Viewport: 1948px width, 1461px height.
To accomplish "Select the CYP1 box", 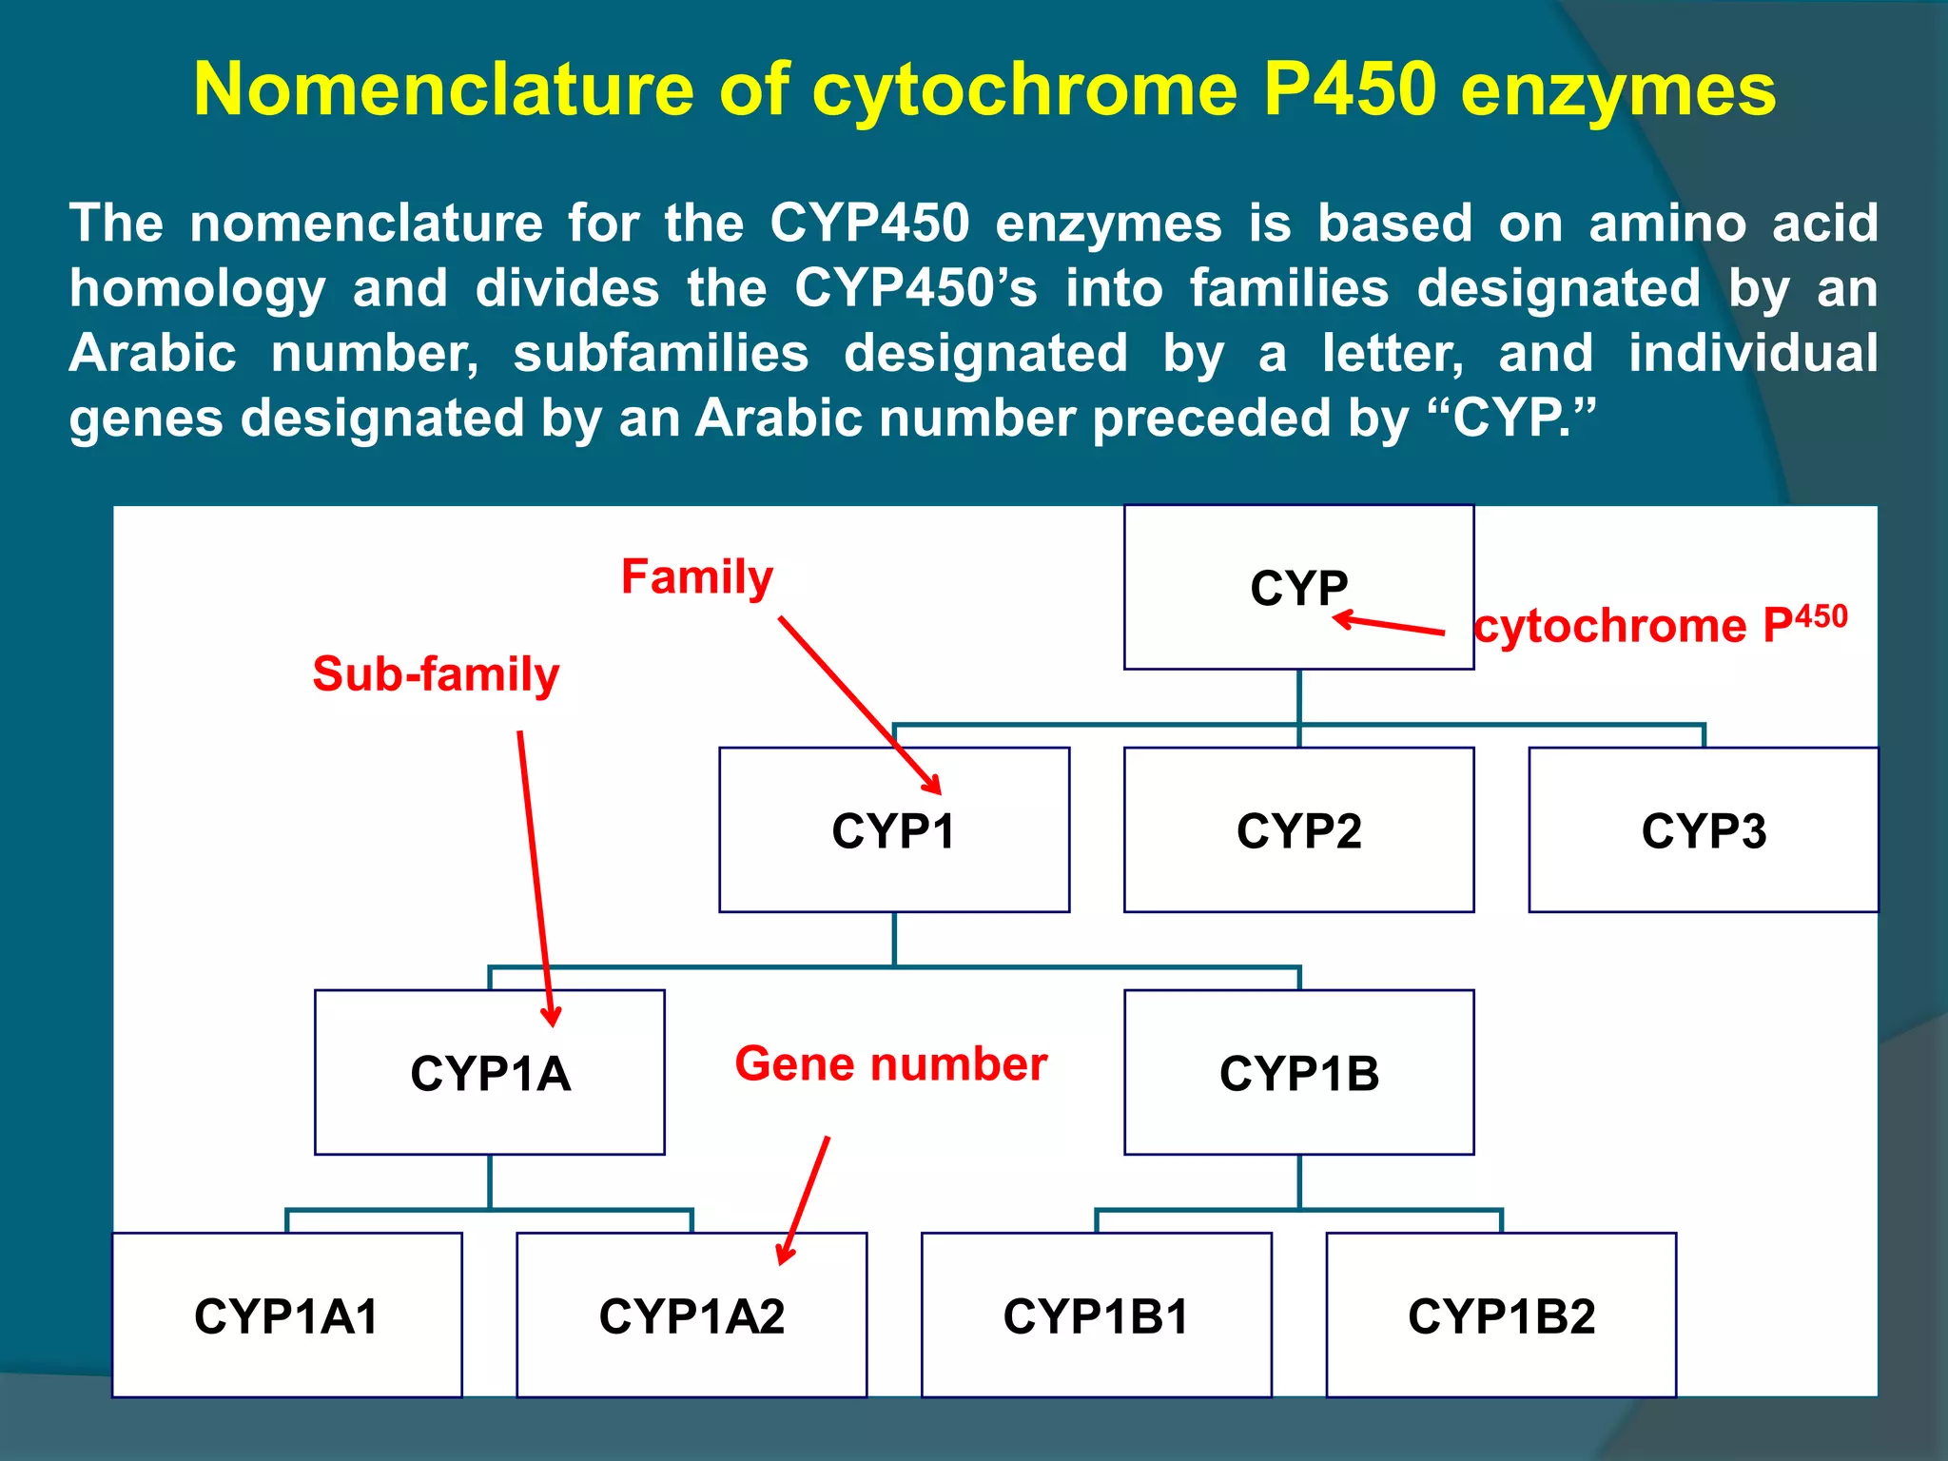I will [x=894, y=830].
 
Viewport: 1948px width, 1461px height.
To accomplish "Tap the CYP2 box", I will [x=1298, y=830].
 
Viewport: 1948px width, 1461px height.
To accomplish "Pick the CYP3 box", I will [x=1703, y=830].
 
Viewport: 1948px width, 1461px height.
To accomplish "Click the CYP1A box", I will [x=490, y=1073].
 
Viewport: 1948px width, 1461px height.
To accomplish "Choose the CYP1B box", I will [x=1298, y=1073].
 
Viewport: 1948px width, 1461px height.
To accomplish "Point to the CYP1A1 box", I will [x=287, y=1315].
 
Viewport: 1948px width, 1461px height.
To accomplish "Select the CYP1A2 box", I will [x=692, y=1315].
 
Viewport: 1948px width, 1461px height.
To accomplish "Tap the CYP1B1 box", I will [x=1096, y=1315].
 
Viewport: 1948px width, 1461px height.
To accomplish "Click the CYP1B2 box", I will [x=1501, y=1315].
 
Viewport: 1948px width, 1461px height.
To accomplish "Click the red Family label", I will [x=697, y=577].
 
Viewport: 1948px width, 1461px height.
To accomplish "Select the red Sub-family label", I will [x=436, y=674].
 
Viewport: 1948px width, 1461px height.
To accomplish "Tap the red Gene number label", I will [x=890, y=1063].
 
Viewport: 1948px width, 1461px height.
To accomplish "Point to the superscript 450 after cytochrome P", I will [x=1821, y=616].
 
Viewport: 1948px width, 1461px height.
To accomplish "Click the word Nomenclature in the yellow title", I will [x=443, y=89].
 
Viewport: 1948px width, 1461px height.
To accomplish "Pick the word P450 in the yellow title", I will [x=1349, y=89].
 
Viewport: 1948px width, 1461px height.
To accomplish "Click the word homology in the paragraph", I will [x=197, y=288].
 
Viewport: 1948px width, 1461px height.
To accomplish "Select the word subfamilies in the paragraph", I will [x=661, y=354].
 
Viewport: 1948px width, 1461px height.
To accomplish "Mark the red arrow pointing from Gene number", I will [x=804, y=1200].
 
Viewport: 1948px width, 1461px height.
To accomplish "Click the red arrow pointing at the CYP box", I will [x=1389, y=625].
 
